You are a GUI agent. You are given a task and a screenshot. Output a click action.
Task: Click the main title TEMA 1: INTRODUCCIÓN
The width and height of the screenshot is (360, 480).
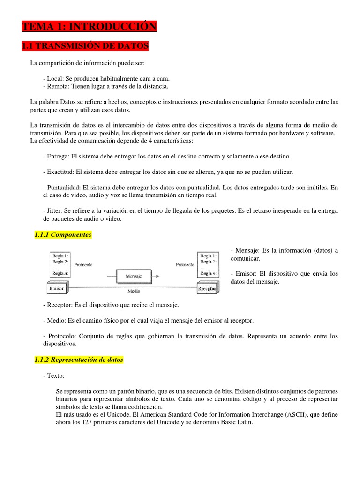point(89,27)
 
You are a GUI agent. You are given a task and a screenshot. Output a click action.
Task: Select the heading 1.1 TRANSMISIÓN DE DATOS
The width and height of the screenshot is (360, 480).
point(85,46)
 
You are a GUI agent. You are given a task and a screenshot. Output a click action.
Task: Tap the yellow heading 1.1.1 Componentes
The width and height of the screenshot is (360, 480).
point(63,234)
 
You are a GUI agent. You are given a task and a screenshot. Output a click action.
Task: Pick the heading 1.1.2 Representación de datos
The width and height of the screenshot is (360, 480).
point(79,360)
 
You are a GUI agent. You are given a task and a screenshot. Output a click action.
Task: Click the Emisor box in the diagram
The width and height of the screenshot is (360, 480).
point(57,289)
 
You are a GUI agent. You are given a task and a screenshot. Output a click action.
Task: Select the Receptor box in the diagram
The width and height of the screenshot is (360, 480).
point(207,289)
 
